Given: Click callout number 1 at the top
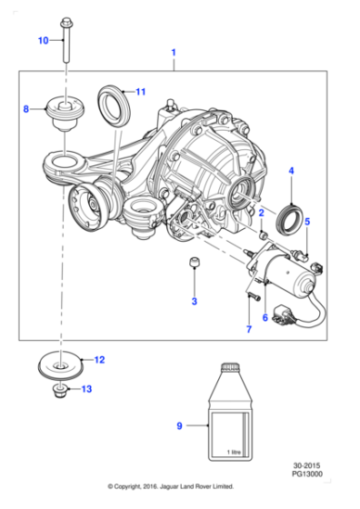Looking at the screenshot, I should pyautogui.click(x=173, y=54).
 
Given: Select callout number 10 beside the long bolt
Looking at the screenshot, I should pyautogui.click(x=42, y=41).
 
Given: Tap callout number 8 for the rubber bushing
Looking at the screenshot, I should pyautogui.click(x=26, y=109).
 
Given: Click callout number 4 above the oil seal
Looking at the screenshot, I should pyautogui.click(x=291, y=170).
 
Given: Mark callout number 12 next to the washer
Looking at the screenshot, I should pyautogui.click(x=100, y=360).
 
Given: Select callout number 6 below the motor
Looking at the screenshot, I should pyautogui.click(x=265, y=317).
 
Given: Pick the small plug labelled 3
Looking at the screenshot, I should pyautogui.click(x=193, y=264).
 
